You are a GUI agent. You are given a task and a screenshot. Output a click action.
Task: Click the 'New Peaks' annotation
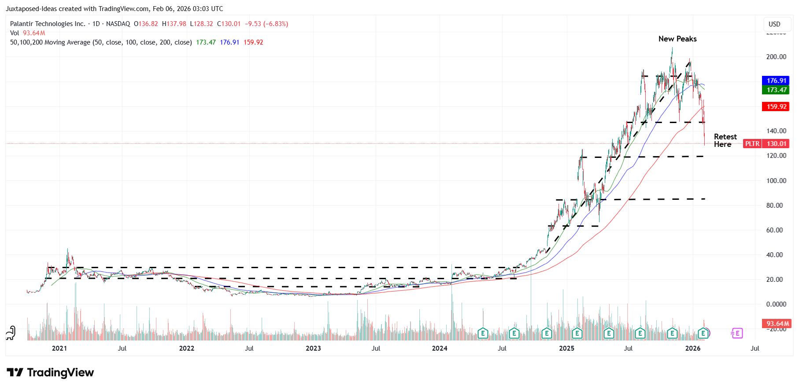[677, 39]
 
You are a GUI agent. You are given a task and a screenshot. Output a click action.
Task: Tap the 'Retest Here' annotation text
[725, 140]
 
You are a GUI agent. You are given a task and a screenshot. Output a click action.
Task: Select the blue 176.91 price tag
[776, 81]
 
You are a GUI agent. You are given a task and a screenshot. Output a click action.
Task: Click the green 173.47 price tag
[776, 90]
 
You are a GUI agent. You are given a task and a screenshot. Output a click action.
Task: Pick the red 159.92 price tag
[776, 107]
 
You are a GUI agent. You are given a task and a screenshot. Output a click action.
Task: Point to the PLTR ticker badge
[752, 144]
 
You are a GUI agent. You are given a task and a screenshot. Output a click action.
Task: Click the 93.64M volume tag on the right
[777, 324]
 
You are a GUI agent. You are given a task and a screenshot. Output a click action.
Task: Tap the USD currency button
[774, 24]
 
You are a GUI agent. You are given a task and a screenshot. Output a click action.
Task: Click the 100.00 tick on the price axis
[776, 181]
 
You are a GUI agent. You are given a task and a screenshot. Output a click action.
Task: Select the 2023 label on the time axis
[313, 348]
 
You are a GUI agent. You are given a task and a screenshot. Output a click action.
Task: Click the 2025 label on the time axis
[566, 348]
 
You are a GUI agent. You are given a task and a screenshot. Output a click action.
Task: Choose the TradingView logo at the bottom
[50, 373]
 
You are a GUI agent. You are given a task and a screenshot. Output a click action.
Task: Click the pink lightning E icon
[737, 333]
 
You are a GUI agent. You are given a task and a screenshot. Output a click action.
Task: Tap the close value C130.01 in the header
[229, 24]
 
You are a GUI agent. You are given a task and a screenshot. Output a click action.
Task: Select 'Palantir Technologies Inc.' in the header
[48, 24]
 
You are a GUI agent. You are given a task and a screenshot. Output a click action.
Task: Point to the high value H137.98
[174, 24]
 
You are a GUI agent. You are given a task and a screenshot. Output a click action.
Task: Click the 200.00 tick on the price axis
[776, 57]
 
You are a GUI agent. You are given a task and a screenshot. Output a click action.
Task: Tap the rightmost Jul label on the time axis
[755, 348]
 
